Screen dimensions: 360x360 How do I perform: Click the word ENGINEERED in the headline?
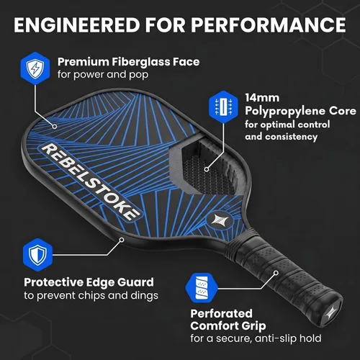pyautogui.click(x=77, y=24)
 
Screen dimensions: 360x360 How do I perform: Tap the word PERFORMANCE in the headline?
pyautogui.click(x=269, y=24)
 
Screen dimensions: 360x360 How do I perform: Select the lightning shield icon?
pyautogui.click(x=35, y=68)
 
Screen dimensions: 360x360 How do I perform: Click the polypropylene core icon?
pyautogui.click(x=223, y=107)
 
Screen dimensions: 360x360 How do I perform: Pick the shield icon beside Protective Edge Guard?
pyautogui.click(x=37, y=255)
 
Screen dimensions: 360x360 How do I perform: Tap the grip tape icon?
pyautogui.click(x=202, y=288)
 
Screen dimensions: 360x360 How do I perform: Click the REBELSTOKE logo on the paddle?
pyautogui.click(x=90, y=181)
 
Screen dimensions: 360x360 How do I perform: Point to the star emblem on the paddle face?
pyautogui.click(x=217, y=220)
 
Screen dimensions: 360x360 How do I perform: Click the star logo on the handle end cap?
pyautogui.click(x=331, y=312)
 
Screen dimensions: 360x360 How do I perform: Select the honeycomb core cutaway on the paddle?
pyautogui.click(x=207, y=167)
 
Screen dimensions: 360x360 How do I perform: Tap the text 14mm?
pyautogui.click(x=262, y=98)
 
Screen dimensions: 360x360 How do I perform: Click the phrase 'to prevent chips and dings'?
pyautogui.click(x=91, y=296)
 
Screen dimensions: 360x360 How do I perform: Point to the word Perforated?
pyautogui.click(x=221, y=313)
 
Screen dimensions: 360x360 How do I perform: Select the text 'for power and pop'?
pyautogui.click(x=103, y=75)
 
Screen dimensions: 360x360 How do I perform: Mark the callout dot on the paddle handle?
pyautogui.click(x=276, y=273)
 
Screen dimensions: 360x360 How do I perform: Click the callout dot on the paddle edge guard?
pyautogui.click(x=122, y=240)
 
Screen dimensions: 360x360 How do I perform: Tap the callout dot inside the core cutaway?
pyautogui.click(x=207, y=169)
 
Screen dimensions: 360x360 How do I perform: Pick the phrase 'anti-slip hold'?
pyautogui.click(x=288, y=338)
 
